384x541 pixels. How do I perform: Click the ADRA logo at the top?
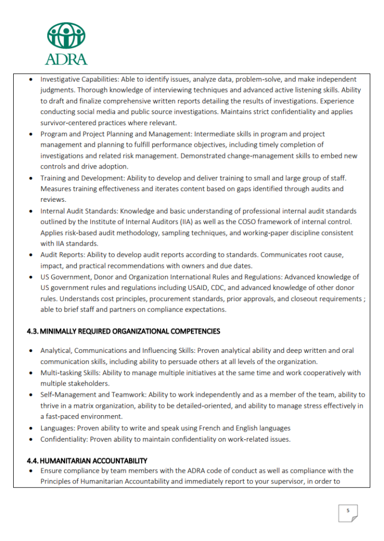coord(66,43)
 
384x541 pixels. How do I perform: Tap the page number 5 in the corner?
coord(348,510)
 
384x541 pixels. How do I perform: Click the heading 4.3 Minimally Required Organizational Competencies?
coord(123,331)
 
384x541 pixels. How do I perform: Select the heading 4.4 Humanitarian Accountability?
coord(87,461)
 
